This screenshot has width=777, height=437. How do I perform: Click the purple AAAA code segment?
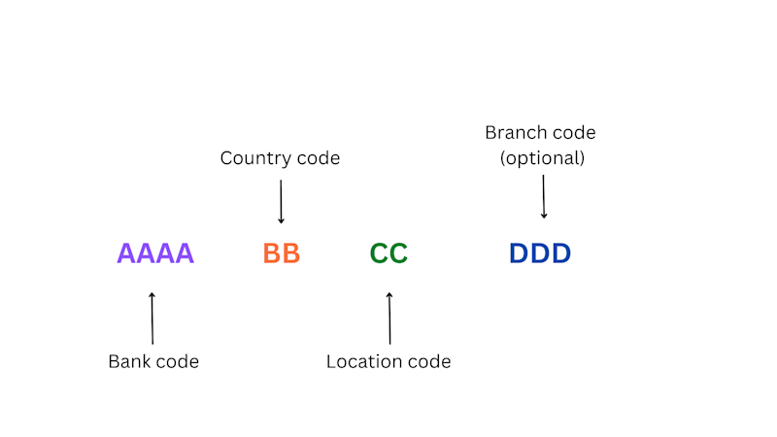click(155, 253)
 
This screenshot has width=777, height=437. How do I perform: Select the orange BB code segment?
click(282, 253)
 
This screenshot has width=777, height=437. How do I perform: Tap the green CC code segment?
click(388, 253)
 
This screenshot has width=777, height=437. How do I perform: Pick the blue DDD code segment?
click(540, 253)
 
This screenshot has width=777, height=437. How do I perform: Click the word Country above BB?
click(256, 158)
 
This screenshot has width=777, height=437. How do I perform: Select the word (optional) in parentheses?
click(542, 158)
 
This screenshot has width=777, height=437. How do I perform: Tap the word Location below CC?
click(364, 361)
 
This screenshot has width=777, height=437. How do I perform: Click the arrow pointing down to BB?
click(281, 202)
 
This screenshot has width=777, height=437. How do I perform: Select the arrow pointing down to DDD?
click(544, 196)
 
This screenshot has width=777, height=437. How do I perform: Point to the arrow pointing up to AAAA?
click(152, 319)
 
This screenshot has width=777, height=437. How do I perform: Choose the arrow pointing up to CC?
click(389, 319)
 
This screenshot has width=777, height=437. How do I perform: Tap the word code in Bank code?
click(178, 361)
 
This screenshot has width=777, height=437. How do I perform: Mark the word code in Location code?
click(429, 361)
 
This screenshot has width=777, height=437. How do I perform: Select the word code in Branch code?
click(574, 132)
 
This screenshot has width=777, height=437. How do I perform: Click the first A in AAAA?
click(126, 253)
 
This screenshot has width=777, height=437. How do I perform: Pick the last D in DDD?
click(561, 253)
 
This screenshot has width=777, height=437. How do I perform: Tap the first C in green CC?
click(379, 253)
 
